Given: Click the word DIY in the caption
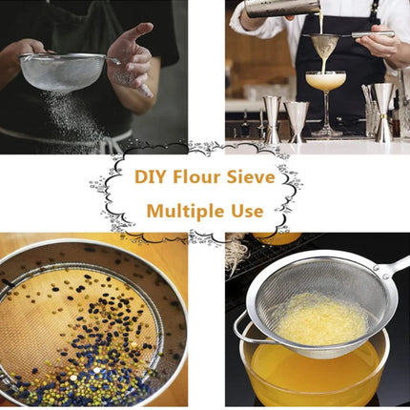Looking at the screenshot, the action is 152,177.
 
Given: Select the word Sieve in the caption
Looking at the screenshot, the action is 251,177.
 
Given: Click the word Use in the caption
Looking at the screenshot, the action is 247,212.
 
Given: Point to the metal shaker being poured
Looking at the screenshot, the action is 281,8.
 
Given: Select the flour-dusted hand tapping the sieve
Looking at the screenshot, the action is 132,60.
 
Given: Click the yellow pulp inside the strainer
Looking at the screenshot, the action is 321,321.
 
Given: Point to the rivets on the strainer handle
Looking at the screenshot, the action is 380,273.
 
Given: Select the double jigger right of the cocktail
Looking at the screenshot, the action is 384,112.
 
